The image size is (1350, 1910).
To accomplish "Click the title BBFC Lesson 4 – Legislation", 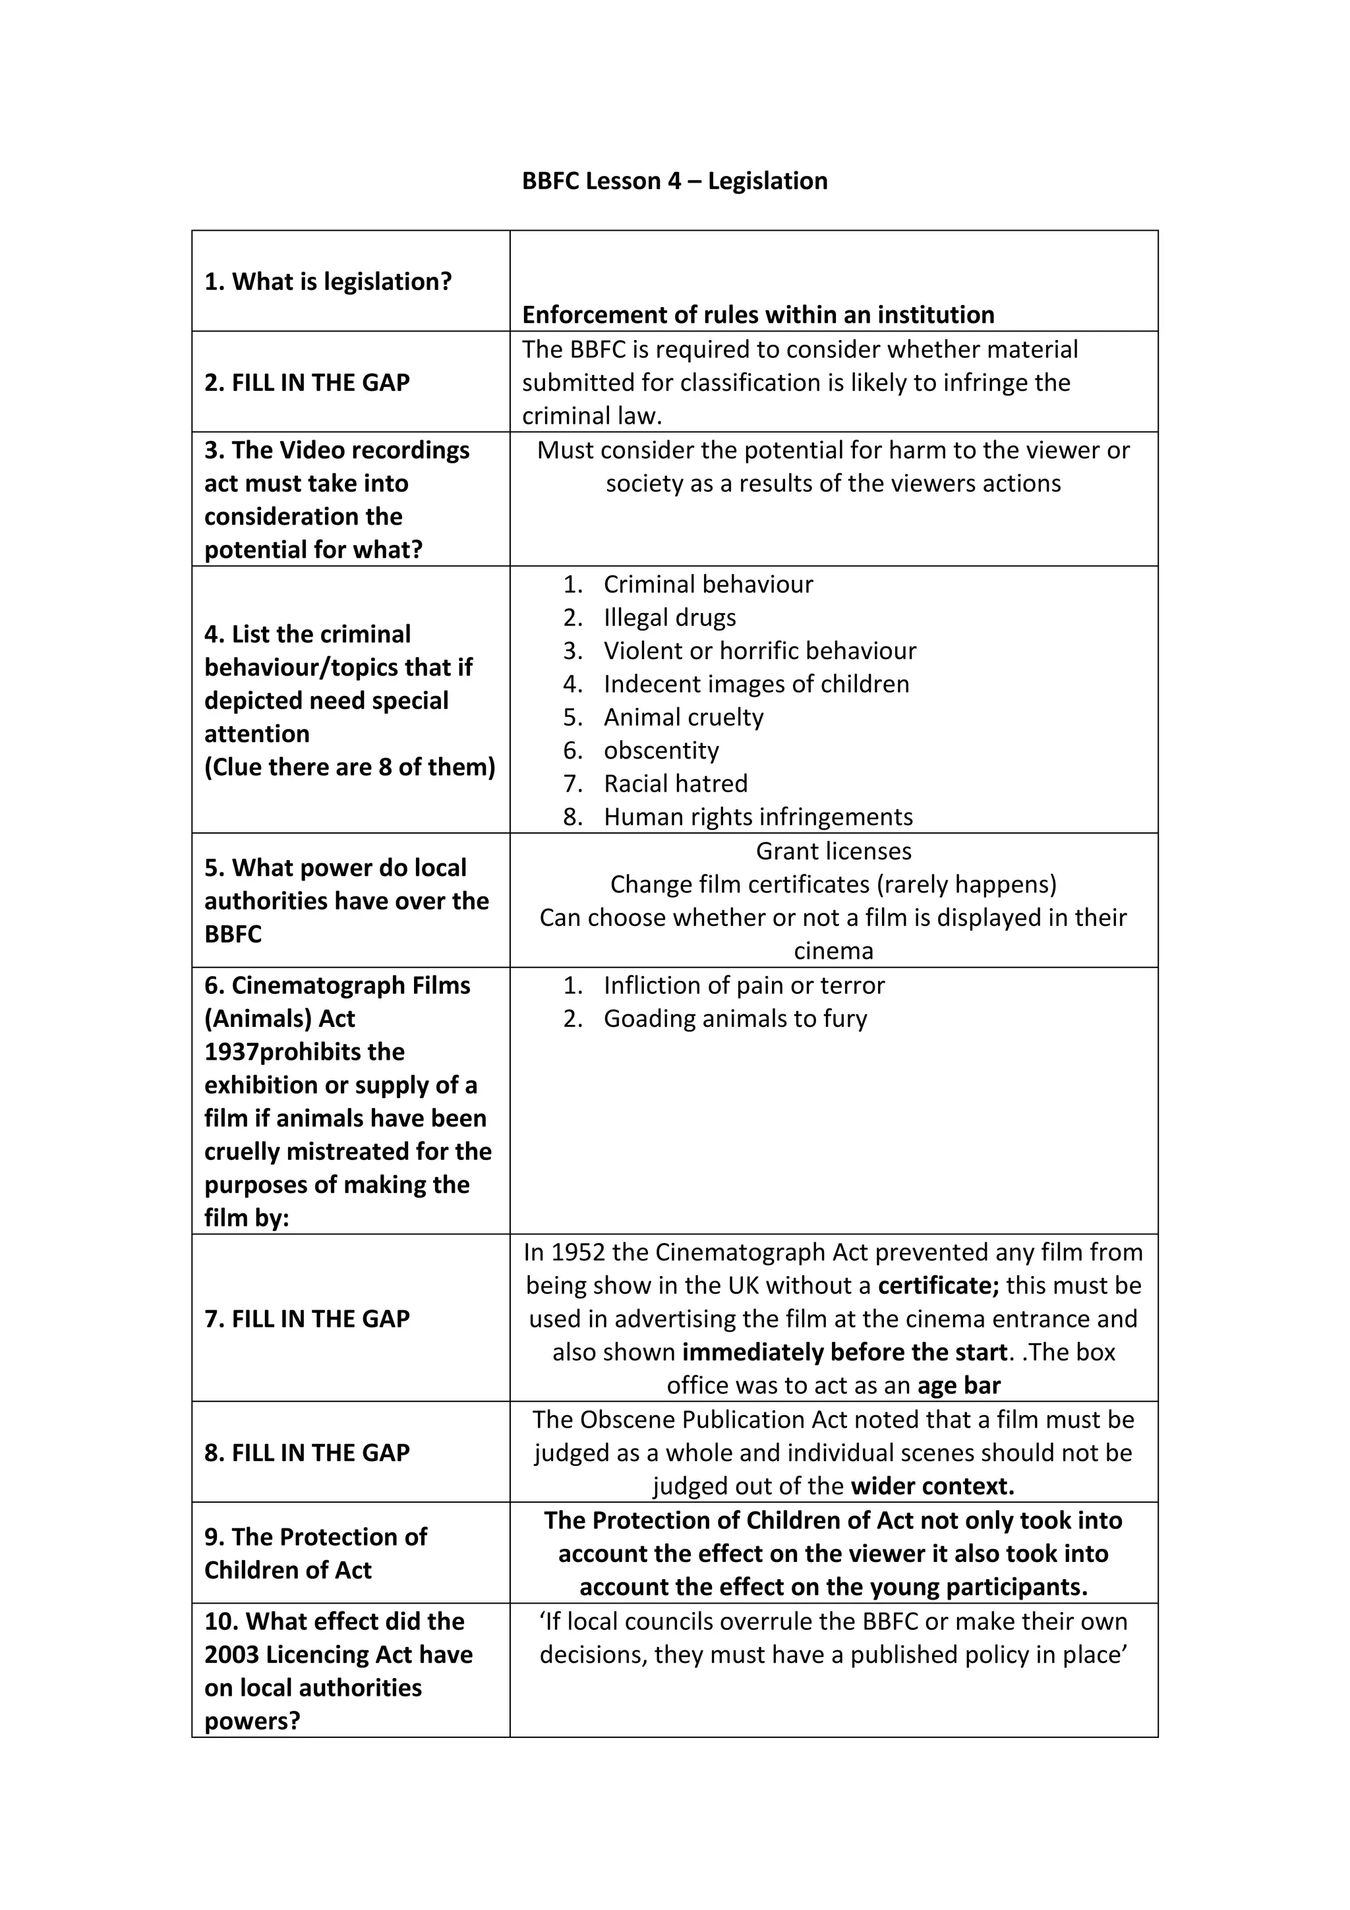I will tap(674, 181).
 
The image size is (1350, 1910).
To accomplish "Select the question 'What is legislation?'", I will tap(328, 282).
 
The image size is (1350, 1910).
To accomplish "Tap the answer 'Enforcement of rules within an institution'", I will tap(758, 314).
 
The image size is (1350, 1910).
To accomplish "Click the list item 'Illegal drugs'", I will tap(670, 618).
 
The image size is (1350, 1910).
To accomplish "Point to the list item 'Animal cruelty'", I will tap(683, 717).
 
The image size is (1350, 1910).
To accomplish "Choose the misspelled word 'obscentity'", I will tap(660, 750).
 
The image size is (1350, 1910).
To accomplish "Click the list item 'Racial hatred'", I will tap(676, 784).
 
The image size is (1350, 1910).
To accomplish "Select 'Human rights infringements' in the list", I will tap(758, 817).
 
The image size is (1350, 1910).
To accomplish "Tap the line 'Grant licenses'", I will tap(833, 851).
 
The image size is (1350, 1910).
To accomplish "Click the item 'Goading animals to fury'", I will tap(735, 1019).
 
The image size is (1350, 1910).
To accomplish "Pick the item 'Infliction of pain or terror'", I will tap(744, 986).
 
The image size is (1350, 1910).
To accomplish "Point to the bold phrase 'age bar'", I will tap(959, 1386).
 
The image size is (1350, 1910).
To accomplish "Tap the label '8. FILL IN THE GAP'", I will tap(307, 1453).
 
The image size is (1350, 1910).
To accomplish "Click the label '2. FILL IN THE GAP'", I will tap(307, 383).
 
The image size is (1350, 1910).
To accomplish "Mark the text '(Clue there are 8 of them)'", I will tap(349, 767).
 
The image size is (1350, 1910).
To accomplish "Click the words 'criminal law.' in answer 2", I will tap(591, 416).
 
